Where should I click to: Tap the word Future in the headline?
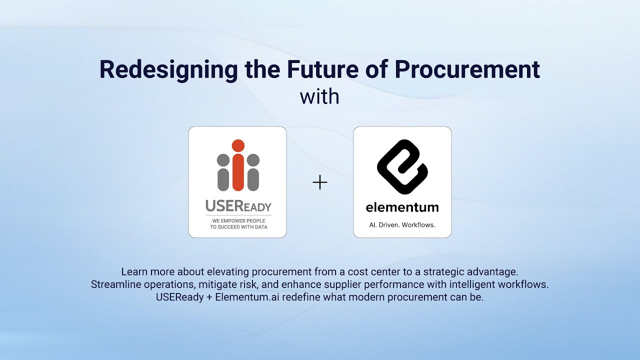click(x=317, y=69)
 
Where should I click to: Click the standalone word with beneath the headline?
click(x=319, y=96)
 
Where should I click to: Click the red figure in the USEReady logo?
click(x=238, y=165)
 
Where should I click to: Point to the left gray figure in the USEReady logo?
click(x=223, y=172)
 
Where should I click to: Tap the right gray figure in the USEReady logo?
click(x=253, y=172)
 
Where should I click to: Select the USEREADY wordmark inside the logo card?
click(x=238, y=206)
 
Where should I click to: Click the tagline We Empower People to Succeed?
click(x=238, y=223)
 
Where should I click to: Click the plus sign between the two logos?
click(x=319, y=183)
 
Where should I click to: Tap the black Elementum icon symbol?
click(x=402, y=167)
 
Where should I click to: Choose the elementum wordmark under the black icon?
click(x=402, y=207)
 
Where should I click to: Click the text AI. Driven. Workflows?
click(x=402, y=225)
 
